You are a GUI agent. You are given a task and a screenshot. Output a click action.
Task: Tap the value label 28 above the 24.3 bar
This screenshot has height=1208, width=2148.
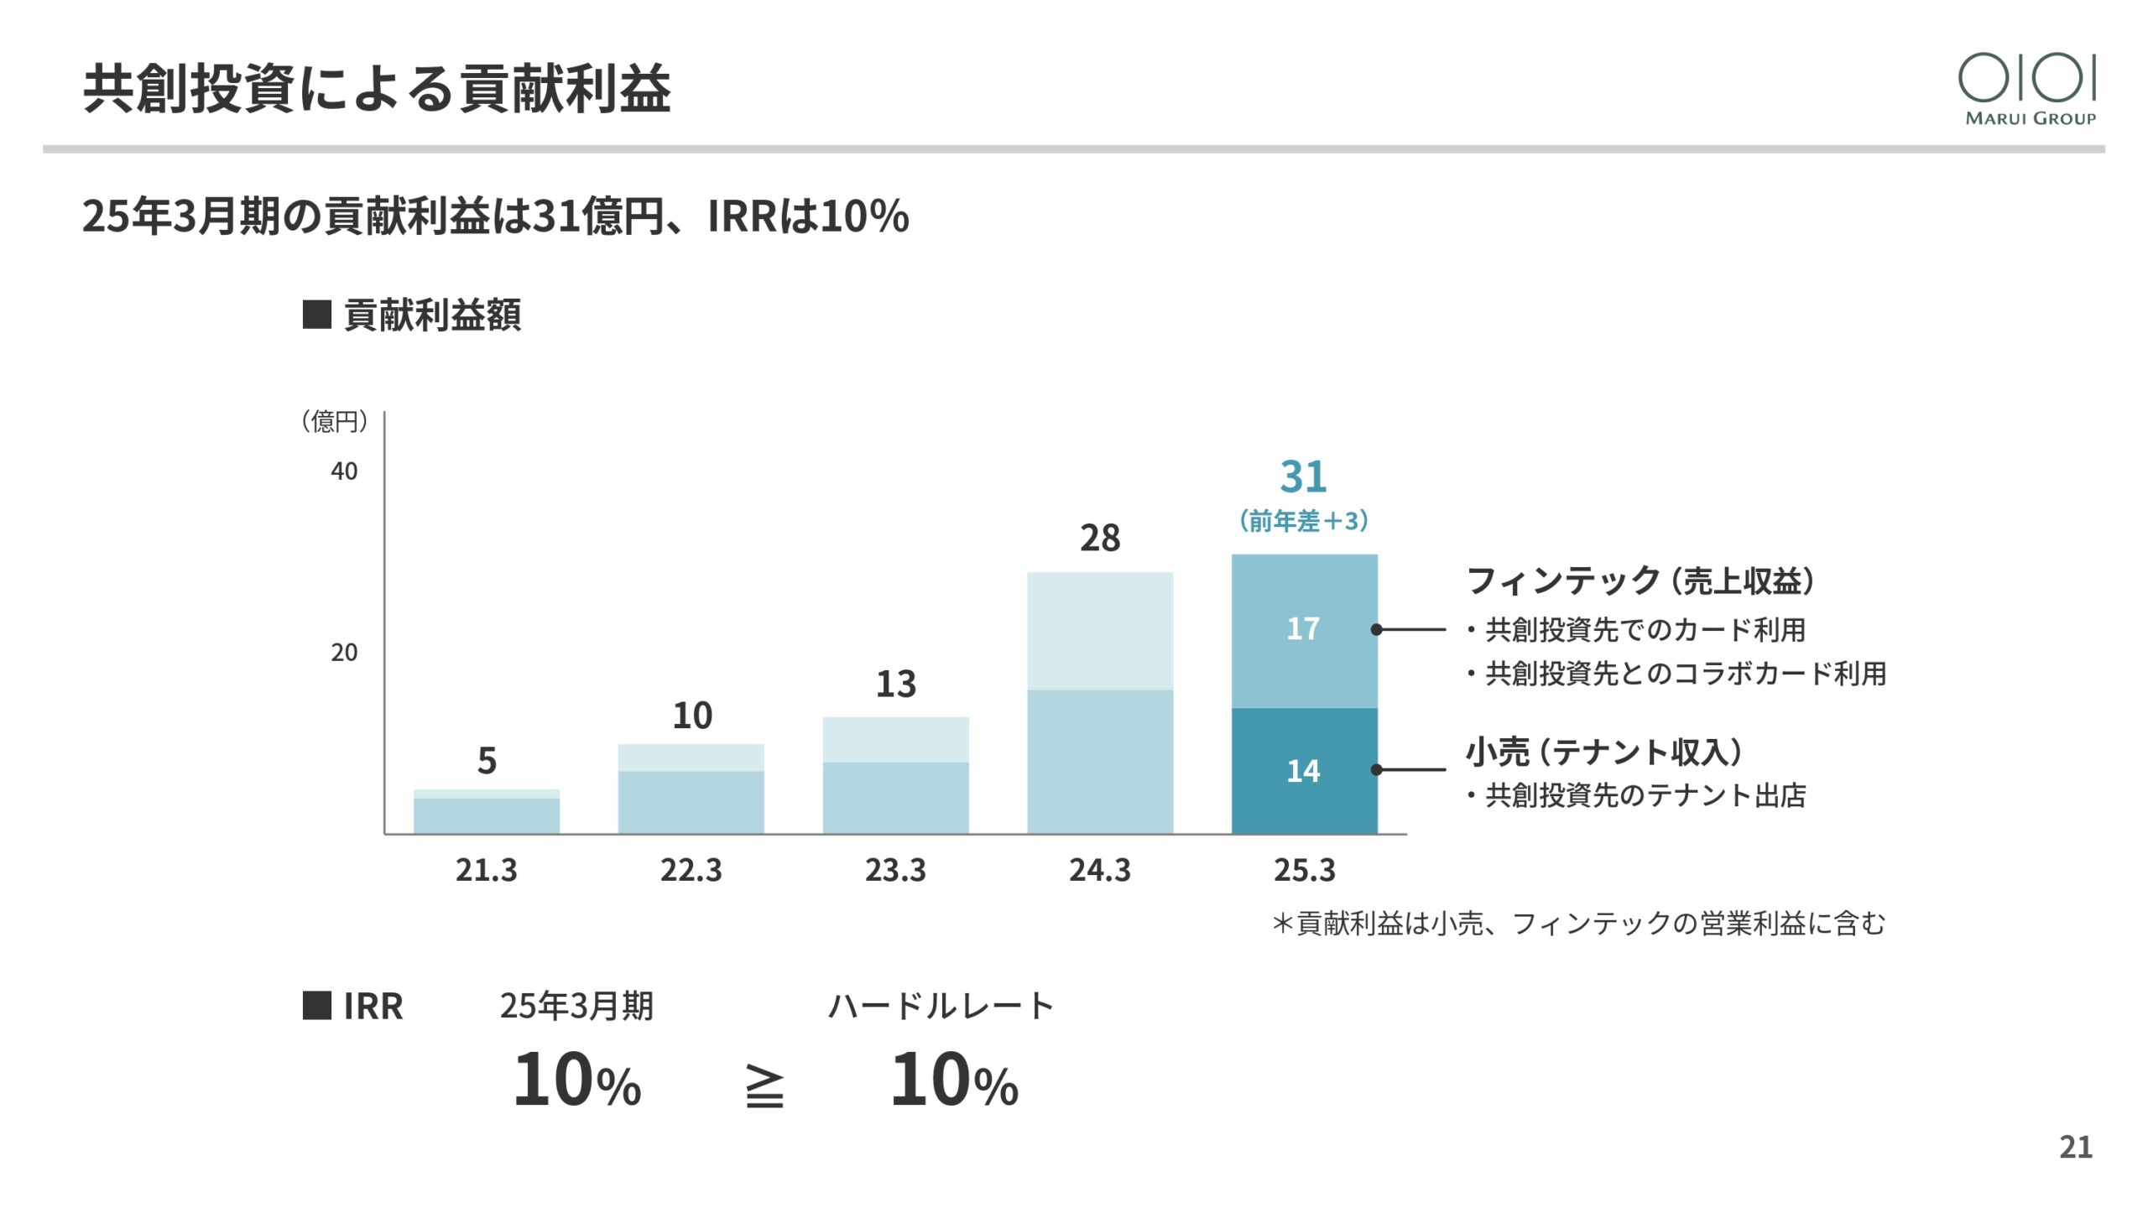click(x=1099, y=539)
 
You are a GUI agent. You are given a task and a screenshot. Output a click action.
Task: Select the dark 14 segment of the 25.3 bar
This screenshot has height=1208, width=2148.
click(x=1304, y=770)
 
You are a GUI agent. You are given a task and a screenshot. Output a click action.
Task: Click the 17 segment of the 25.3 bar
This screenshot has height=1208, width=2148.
click(x=1304, y=629)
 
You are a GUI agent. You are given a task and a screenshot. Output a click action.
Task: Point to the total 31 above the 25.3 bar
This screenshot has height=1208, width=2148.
click(x=1303, y=476)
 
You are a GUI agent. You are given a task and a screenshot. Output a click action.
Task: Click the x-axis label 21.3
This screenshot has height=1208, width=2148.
click(x=487, y=870)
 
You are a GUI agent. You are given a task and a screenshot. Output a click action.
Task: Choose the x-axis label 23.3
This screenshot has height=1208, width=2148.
click(x=895, y=870)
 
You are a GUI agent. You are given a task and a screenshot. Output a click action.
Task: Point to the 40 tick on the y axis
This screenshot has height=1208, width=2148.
click(x=344, y=471)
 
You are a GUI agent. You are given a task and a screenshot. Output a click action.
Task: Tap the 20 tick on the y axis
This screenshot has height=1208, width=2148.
click(x=344, y=653)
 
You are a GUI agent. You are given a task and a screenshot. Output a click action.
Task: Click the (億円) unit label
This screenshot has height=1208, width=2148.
click(x=334, y=421)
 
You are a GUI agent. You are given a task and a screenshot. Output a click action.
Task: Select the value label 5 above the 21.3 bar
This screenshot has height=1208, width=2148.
click(x=487, y=761)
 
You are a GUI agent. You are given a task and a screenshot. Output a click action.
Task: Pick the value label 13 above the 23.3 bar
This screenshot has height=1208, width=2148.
click(x=895, y=684)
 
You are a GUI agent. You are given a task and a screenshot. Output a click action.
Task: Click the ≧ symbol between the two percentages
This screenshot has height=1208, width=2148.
click(x=764, y=1087)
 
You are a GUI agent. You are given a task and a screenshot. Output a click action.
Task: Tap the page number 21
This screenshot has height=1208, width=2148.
click(x=2076, y=1147)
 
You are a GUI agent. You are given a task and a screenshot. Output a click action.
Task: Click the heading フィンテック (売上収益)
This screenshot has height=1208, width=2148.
click(x=1640, y=581)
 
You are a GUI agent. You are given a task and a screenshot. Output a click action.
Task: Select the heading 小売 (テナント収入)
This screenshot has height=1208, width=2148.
click(x=1603, y=752)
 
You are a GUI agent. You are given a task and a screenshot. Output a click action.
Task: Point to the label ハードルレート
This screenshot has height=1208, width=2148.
click(x=941, y=1006)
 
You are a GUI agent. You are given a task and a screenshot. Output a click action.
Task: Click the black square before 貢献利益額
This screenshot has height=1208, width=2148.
click(x=316, y=315)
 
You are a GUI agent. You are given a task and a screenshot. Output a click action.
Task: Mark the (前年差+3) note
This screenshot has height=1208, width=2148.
click(x=1303, y=521)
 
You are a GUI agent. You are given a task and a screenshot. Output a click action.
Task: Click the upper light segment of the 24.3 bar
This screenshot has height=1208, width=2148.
click(x=1099, y=631)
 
